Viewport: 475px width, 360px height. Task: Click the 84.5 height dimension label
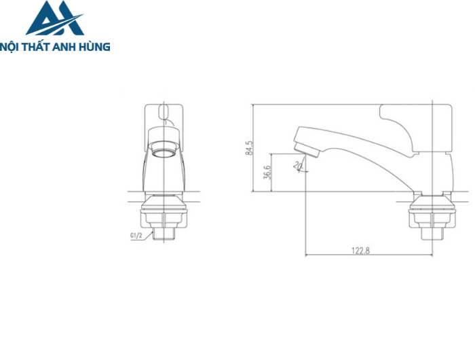coord(248,149)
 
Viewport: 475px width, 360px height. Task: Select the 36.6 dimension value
coord(268,172)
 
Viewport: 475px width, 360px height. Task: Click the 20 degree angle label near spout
coord(297,165)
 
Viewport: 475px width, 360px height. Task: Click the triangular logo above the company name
coord(55,19)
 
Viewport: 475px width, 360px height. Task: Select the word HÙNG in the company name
coord(94,47)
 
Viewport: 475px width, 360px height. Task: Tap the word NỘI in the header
coord(12,47)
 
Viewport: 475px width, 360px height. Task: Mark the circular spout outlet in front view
coord(164,148)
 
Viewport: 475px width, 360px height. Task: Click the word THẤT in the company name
coord(39,47)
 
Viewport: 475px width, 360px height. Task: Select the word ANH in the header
coord(68,47)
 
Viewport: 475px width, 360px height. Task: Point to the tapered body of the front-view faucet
coord(164,173)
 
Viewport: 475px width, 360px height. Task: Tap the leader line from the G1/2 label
coord(147,235)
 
